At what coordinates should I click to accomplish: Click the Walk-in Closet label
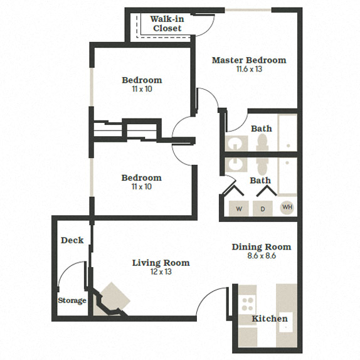click(166, 24)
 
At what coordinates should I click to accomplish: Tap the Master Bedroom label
click(248, 60)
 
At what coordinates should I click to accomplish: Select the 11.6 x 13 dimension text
click(248, 70)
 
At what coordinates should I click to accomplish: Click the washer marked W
click(238, 208)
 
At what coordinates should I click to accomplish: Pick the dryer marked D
click(262, 208)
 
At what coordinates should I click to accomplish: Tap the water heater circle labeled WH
click(287, 207)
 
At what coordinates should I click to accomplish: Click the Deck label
click(72, 240)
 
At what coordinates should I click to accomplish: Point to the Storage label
click(72, 300)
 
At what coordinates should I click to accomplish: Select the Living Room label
click(161, 263)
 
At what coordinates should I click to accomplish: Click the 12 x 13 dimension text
click(161, 272)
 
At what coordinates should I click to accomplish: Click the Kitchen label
click(270, 319)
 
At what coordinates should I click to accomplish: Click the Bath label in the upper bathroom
click(262, 129)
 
